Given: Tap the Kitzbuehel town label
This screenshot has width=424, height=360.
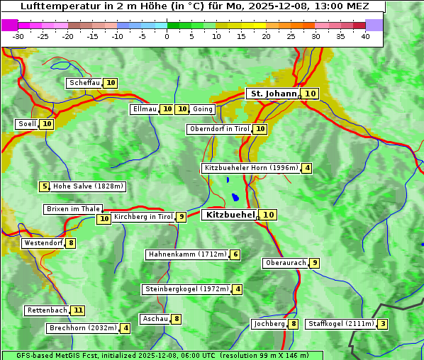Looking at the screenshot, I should [x=229, y=215].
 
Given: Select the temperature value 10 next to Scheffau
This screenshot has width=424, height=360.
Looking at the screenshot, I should [x=111, y=83].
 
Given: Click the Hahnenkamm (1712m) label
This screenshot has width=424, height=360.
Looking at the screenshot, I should [x=187, y=254].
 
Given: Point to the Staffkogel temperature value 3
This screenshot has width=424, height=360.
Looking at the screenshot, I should [x=383, y=324].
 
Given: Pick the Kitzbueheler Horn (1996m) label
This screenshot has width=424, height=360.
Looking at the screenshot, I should [x=251, y=168].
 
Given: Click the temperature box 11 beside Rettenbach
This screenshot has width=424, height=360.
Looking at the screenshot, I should [x=78, y=310].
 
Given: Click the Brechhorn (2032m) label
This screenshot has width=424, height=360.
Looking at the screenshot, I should [x=83, y=328].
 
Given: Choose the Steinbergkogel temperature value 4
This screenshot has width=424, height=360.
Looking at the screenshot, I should [x=238, y=289].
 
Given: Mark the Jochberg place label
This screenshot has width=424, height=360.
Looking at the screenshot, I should [x=269, y=324].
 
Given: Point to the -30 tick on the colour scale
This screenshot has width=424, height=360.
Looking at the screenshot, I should [x=18, y=35].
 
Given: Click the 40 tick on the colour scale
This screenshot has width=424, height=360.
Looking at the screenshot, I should [x=365, y=35].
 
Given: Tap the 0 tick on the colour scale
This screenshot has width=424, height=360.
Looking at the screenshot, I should [x=167, y=35].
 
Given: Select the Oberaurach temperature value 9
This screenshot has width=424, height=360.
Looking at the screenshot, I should [x=314, y=263].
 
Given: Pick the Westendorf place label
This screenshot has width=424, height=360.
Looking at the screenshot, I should [x=43, y=243].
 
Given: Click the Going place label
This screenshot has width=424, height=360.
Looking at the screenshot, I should [x=203, y=109].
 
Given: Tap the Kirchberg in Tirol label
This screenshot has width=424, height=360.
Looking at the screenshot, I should [x=143, y=217].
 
